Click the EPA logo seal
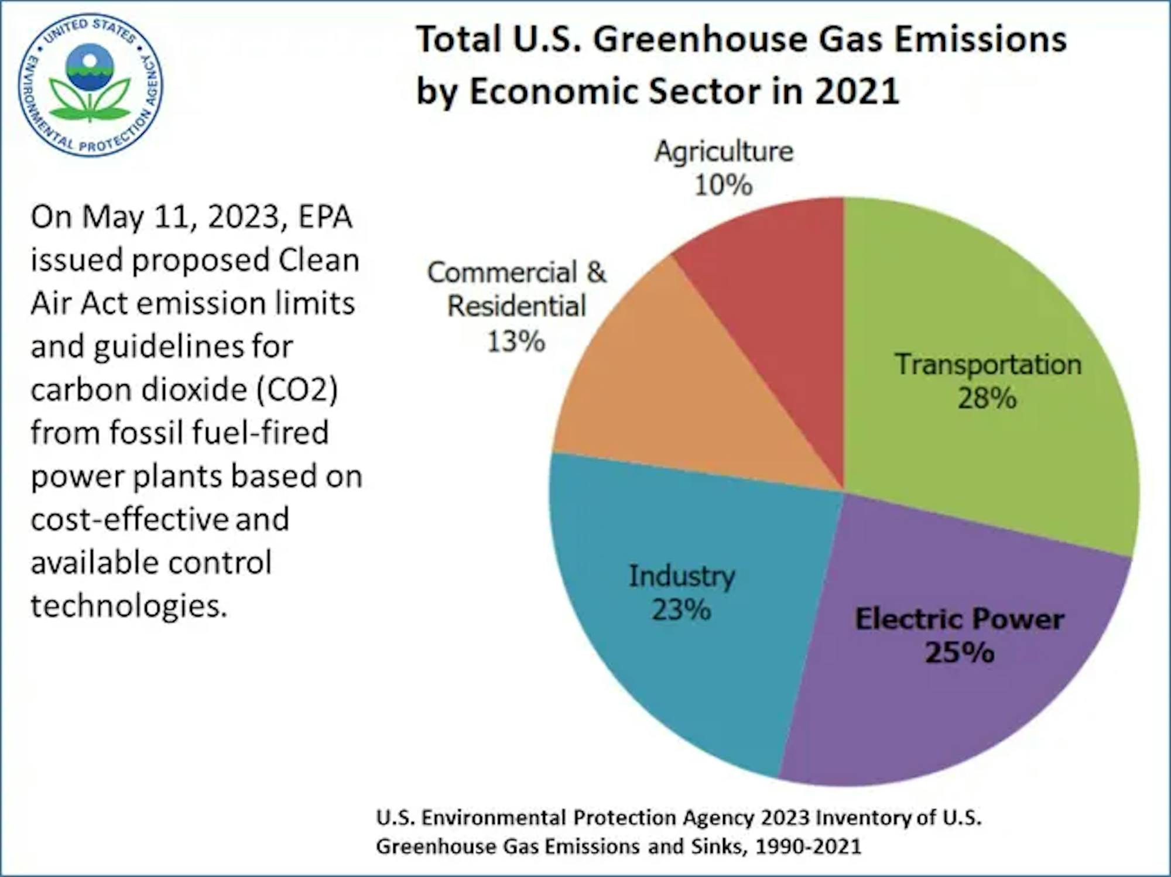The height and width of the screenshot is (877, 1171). (x=90, y=85)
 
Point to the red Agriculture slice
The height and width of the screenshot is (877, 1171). (x=779, y=293)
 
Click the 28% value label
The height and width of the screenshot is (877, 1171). (x=987, y=399)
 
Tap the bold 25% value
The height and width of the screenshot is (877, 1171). (x=960, y=652)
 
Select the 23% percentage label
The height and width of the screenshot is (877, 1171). (x=681, y=610)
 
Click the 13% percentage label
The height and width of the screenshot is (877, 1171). (x=516, y=341)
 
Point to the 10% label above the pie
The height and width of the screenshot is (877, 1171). (x=723, y=186)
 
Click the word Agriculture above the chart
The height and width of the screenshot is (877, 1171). (x=724, y=152)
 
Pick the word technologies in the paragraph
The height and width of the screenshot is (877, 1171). (x=129, y=605)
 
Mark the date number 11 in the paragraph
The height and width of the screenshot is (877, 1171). (x=175, y=217)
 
